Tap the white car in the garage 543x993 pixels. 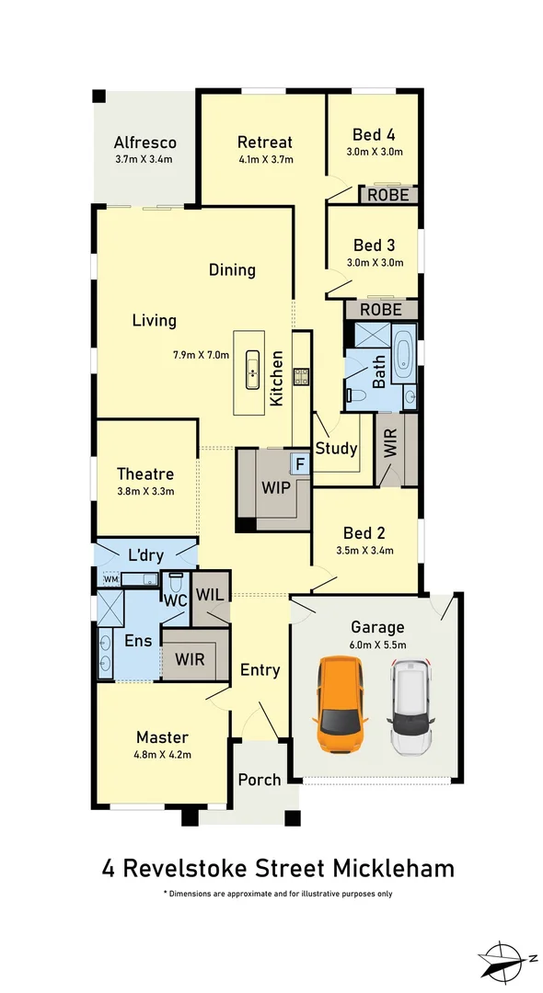point(410,705)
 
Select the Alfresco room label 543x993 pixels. point(144,143)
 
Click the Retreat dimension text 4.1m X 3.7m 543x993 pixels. point(264,159)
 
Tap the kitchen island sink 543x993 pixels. point(251,372)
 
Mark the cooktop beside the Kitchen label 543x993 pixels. point(301,375)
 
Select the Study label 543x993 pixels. point(336,449)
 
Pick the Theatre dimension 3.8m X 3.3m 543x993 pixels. point(145,491)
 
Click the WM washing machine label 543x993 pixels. point(110,579)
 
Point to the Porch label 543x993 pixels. point(260,780)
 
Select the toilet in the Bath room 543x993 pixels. point(357,395)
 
